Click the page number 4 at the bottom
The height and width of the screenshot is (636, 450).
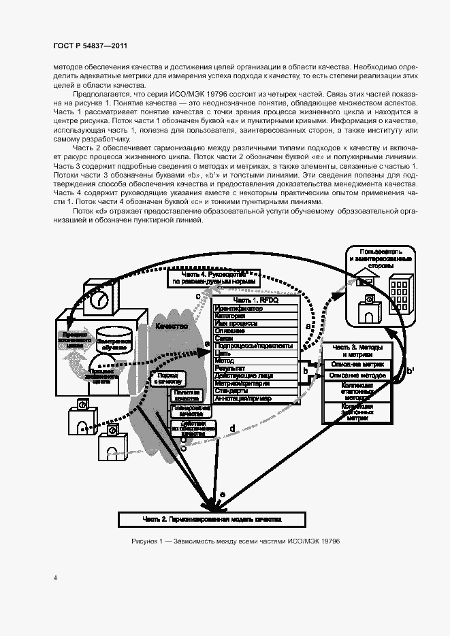click(x=54, y=578)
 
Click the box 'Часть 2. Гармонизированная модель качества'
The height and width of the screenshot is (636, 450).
click(x=212, y=519)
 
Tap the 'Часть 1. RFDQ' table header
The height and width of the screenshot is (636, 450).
click(x=256, y=300)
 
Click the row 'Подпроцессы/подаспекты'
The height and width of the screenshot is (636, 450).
click(x=256, y=346)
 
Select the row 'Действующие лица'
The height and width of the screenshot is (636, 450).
click(x=256, y=375)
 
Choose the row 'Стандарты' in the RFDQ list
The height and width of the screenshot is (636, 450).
click(x=256, y=391)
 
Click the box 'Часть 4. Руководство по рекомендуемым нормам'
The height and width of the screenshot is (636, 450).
click(x=213, y=278)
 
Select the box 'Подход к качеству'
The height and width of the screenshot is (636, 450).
click(x=167, y=378)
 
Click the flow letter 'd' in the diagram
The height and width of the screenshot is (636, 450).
click(x=232, y=428)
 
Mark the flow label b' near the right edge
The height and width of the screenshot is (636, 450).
click(x=411, y=371)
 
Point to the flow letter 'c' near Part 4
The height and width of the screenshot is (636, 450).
click(x=197, y=296)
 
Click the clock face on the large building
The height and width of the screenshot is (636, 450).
click(x=99, y=299)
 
